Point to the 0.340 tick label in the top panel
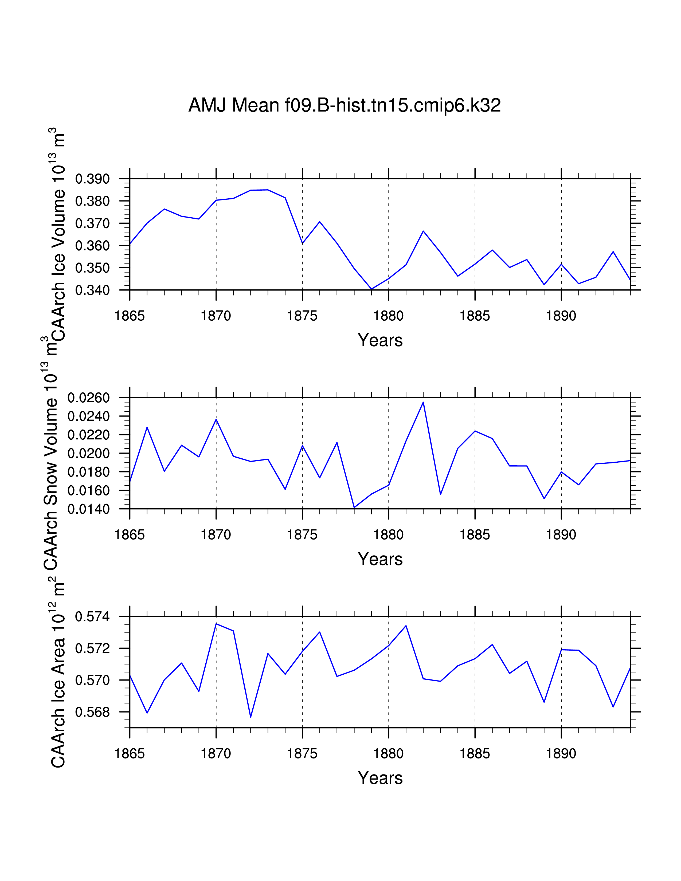[92, 290]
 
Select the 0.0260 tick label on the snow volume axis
[88, 398]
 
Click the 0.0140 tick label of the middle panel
[88, 509]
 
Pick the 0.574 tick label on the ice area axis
[92, 617]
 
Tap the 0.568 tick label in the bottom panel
[92, 712]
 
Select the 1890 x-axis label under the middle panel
[561, 535]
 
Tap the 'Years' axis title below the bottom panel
[380, 778]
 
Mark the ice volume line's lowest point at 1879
[371, 289]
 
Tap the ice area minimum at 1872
[251, 717]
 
